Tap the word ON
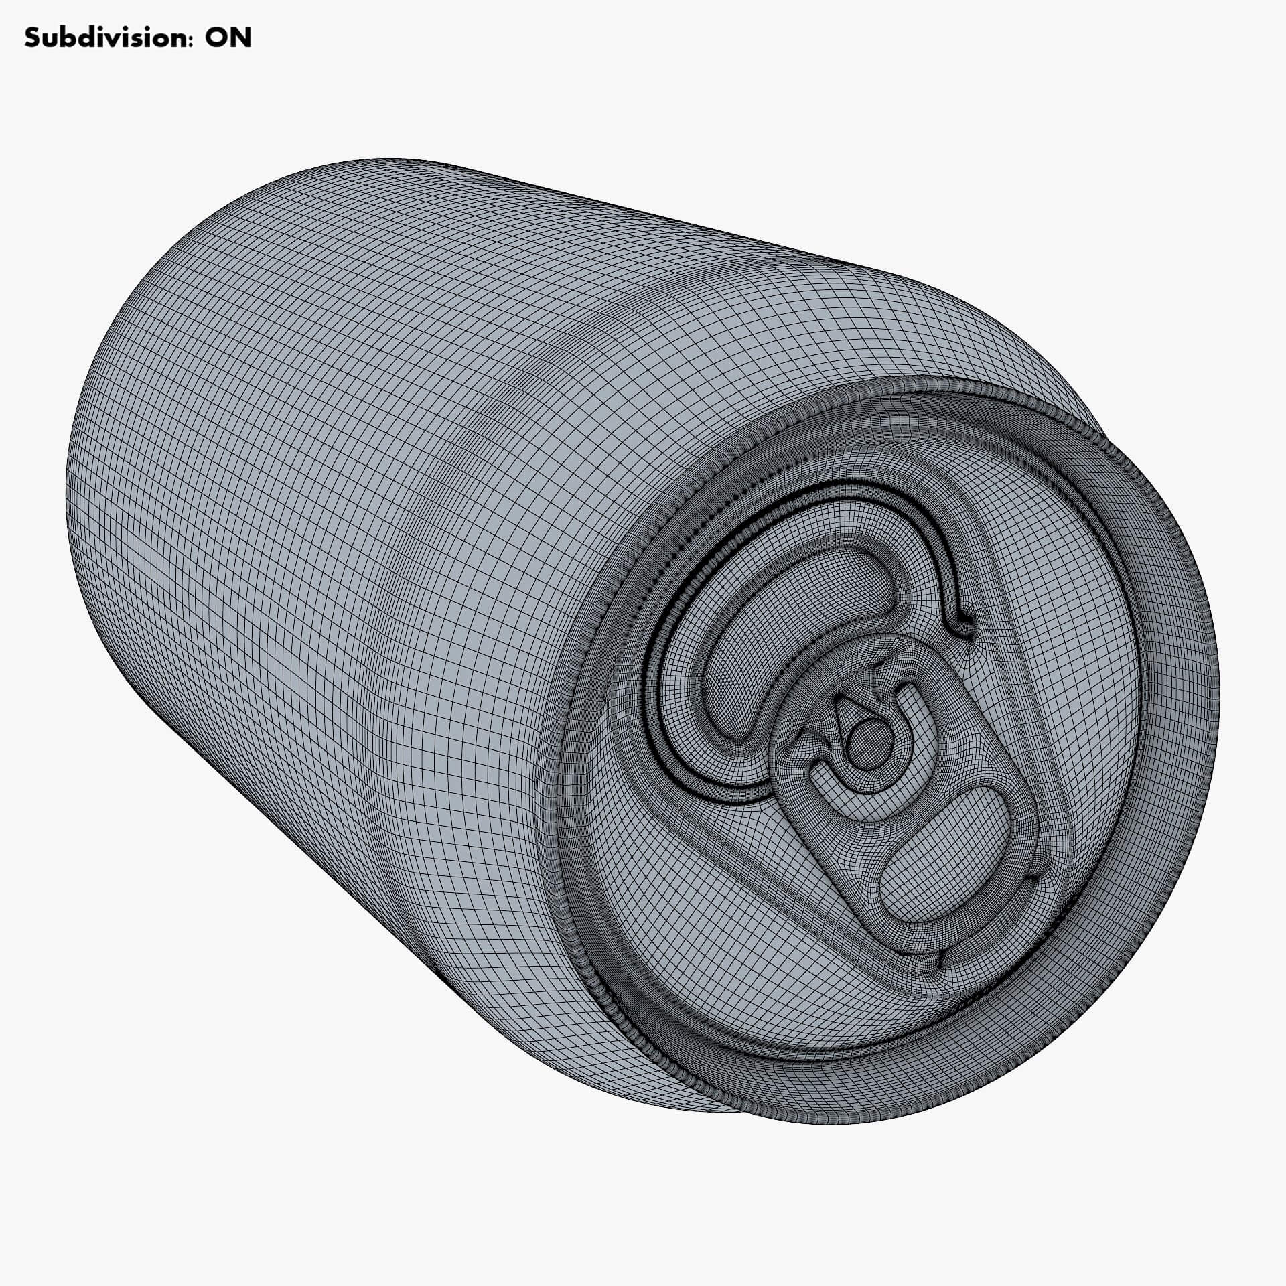coord(228,38)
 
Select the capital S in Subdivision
coord(31,38)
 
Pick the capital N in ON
coord(241,38)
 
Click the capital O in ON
coord(216,38)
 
